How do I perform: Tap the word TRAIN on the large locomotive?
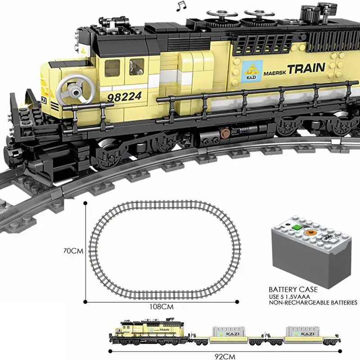tap(306, 69)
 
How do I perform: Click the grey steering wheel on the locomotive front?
tap(74, 88)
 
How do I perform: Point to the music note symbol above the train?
tap(181, 5)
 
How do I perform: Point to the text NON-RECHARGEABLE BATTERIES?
tap(312, 303)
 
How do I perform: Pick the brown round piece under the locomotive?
tap(224, 132)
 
